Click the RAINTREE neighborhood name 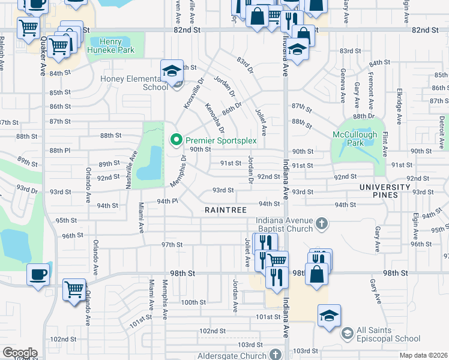[226, 210]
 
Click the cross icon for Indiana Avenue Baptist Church [322, 224]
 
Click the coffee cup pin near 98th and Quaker [39, 275]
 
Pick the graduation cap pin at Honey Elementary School [172, 71]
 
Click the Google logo [20, 353]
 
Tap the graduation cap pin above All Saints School [330, 316]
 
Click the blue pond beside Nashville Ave [149, 163]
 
